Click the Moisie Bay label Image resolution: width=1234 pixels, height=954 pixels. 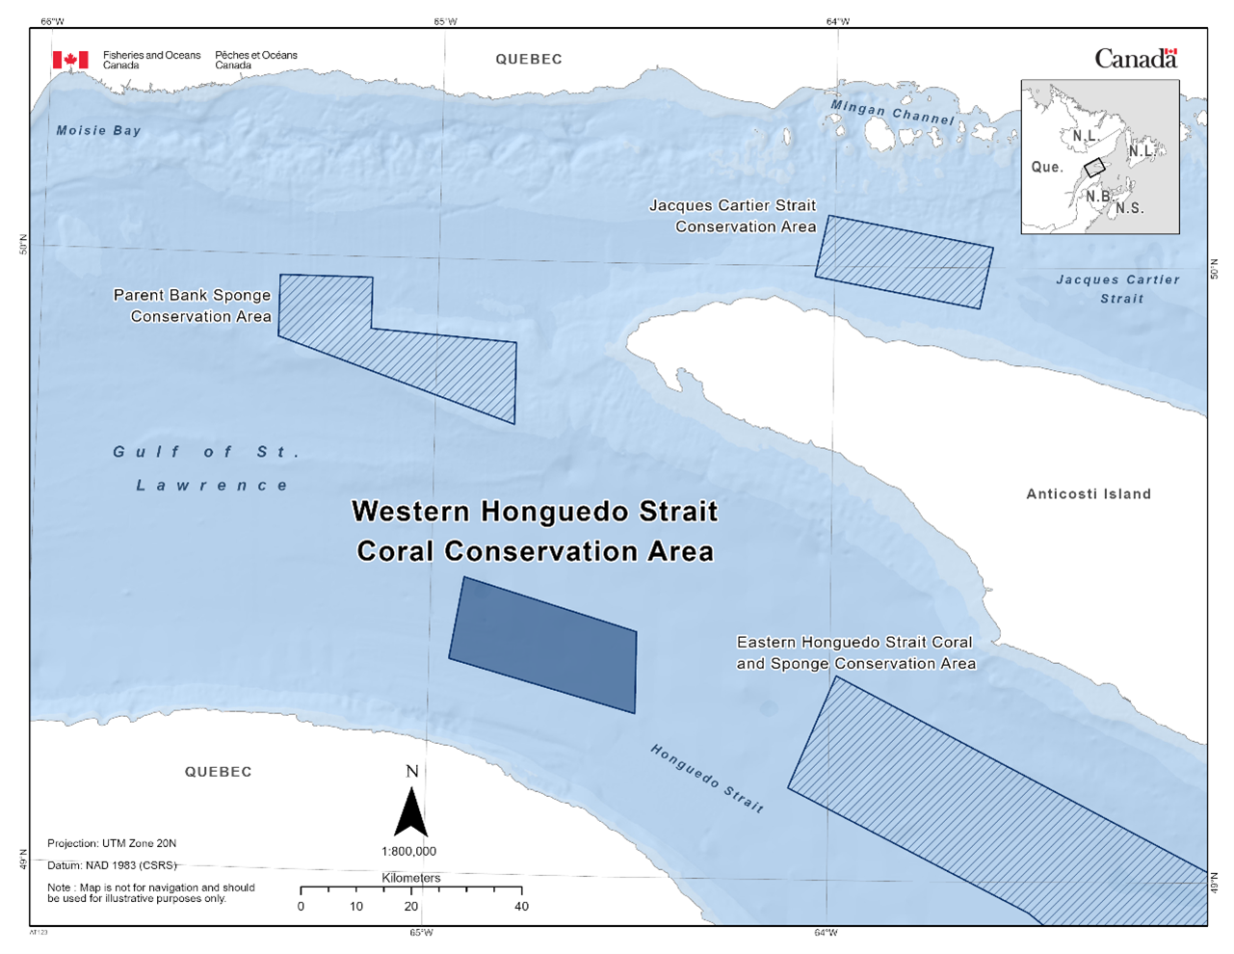click(98, 131)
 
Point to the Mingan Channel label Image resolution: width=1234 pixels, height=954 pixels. click(893, 113)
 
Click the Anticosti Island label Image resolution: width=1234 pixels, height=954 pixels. click(1089, 494)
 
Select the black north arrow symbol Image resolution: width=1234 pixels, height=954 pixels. click(411, 812)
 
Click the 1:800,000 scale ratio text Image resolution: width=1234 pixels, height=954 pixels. click(408, 852)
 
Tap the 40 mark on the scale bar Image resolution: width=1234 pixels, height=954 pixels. click(521, 907)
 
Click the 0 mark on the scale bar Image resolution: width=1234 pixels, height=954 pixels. click(302, 907)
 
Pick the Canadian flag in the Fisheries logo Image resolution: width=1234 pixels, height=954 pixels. click(70, 60)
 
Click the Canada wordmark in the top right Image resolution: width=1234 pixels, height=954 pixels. click(1136, 59)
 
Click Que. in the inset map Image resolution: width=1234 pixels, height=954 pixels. click(1047, 167)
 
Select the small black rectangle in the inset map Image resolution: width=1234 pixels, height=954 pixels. click(1094, 167)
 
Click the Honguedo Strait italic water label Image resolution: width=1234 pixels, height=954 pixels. click(707, 779)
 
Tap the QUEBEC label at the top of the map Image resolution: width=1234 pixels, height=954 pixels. click(529, 59)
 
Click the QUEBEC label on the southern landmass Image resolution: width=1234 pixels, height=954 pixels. click(219, 772)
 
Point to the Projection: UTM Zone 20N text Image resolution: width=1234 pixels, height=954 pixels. click(112, 844)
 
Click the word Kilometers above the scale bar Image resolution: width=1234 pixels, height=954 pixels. click(411, 878)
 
